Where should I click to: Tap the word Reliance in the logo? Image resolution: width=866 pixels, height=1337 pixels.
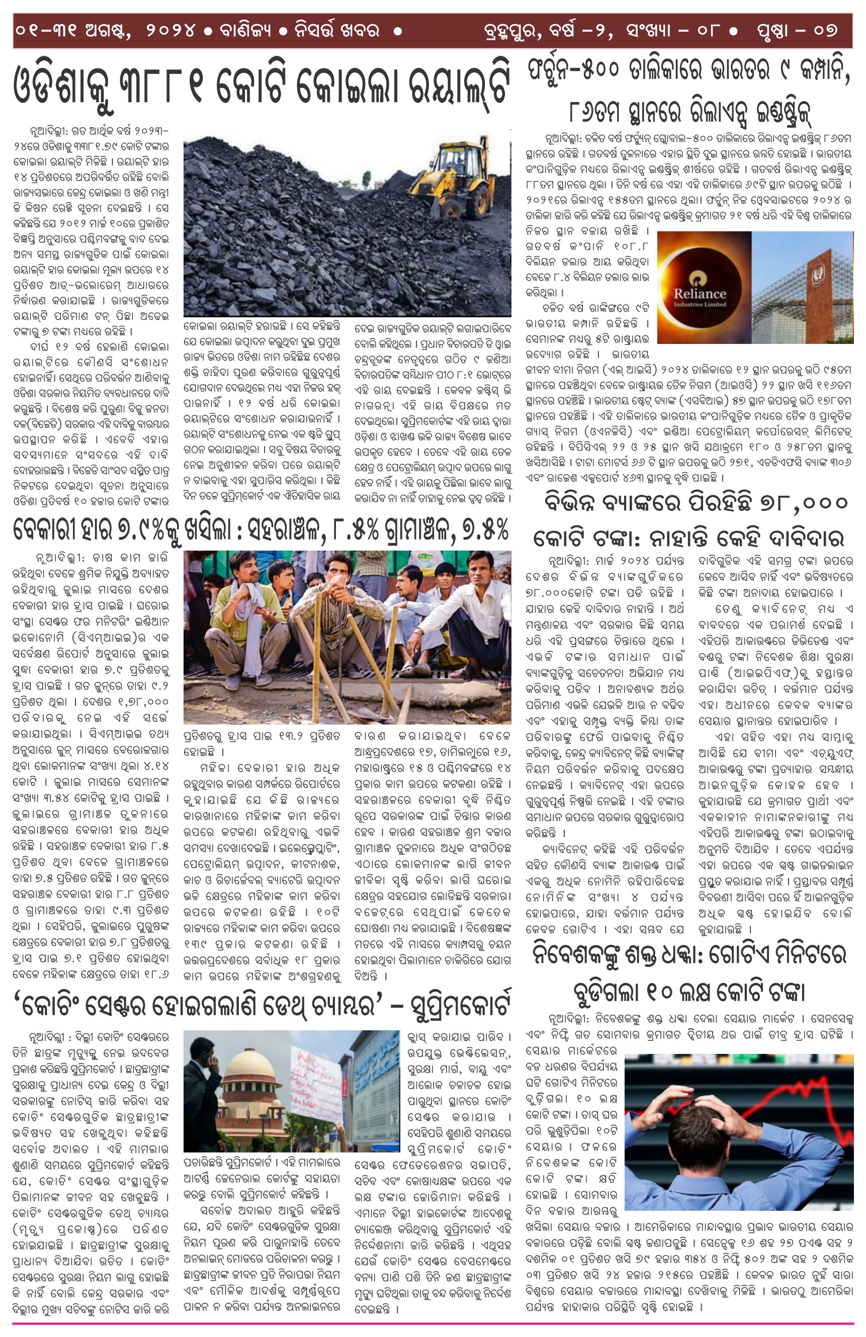(x=700, y=293)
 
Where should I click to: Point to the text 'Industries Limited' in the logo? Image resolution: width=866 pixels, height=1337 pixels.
(x=700, y=305)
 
